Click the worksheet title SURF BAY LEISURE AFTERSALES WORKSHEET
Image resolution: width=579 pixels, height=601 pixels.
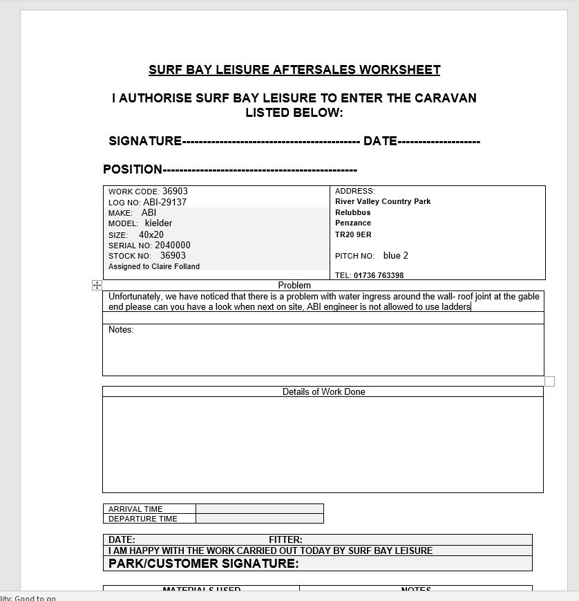coord(294,70)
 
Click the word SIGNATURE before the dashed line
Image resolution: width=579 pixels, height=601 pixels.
coord(145,141)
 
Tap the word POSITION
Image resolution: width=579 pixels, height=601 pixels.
coord(132,169)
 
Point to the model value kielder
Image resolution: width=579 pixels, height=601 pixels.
coord(158,223)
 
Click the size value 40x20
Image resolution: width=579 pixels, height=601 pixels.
coord(151,235)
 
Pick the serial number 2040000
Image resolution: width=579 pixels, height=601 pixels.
coord(173,246)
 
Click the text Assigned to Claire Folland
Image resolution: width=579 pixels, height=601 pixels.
coord(154,266)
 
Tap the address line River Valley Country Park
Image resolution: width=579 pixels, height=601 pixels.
coord(383,201)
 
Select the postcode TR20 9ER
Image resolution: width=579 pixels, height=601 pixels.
coord(353,234)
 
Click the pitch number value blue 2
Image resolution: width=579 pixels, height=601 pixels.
coord(396,256)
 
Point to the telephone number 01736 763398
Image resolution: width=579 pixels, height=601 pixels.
coord(379,275)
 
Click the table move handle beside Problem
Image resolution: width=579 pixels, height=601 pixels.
coord(97,285)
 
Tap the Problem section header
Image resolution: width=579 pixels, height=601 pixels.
coord(294,285)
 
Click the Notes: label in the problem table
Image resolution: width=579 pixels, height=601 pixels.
coord(121,330)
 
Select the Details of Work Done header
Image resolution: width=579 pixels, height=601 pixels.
coord(323,391)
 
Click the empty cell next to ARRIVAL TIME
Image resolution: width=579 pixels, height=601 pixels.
coord(259,509)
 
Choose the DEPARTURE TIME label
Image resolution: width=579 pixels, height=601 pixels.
coord(143,519)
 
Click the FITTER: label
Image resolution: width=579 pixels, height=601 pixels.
coord(285,539)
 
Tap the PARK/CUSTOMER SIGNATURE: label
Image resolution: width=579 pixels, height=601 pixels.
coord(204,564)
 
